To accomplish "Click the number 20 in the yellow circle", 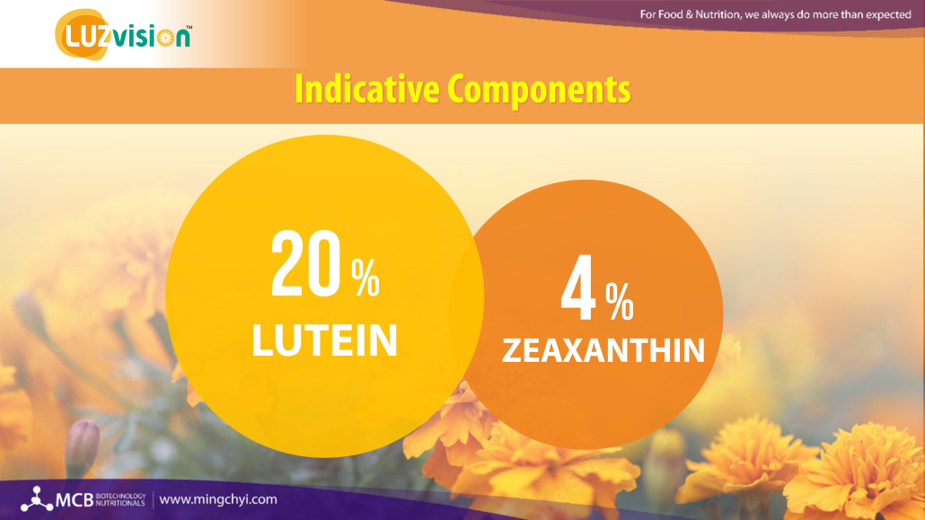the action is (305, 264).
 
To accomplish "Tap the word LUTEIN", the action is (324, 340).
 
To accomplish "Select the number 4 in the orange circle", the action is (578, 287).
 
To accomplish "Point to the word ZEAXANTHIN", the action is (603, 350).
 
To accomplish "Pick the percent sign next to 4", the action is (620, 302).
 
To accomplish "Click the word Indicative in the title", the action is (367, 89).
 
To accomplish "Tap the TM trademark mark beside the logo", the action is (189, 27).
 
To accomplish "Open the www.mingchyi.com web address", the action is (218, 499).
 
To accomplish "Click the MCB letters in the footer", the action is (75, 500).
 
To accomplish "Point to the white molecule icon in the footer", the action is (37, 499).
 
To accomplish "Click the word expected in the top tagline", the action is (888, 14).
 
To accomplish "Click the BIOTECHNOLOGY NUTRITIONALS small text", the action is (120, 500).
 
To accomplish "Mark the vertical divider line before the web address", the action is (153, 500).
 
